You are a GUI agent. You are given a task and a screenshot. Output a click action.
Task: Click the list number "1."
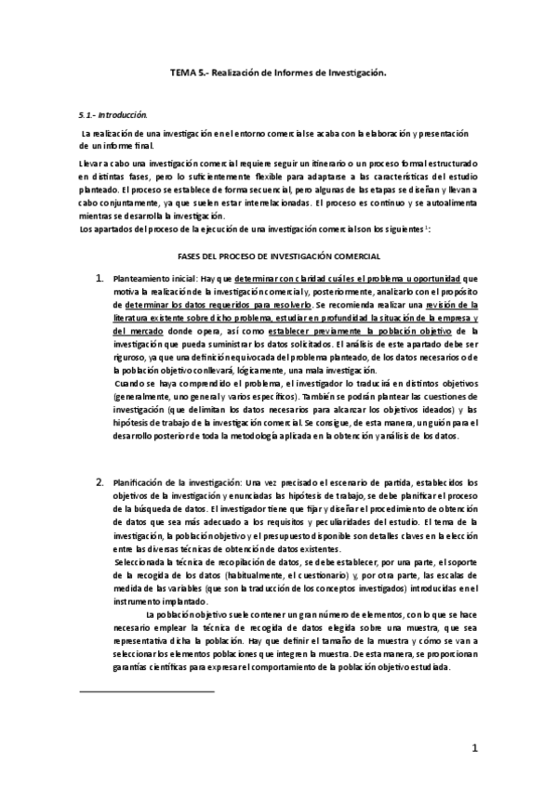100,278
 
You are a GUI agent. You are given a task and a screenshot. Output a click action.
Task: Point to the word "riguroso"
128,355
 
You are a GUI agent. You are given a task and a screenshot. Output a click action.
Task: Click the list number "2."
100,483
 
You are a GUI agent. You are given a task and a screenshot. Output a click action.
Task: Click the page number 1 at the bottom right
474,747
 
